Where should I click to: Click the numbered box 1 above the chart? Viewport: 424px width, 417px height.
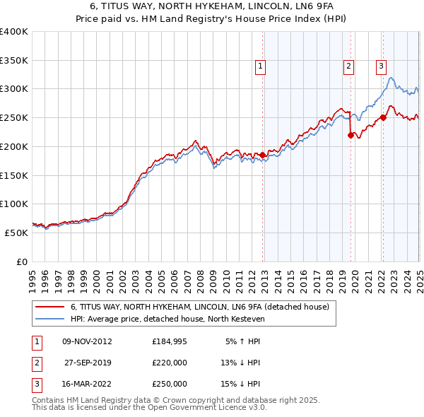(x=261, y=66)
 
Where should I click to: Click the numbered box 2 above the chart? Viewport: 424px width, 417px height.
(x=348, y=66)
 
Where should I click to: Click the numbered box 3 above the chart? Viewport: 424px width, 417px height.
(x=381, y=66)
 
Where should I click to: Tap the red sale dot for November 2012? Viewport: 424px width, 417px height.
(x=263, y=154)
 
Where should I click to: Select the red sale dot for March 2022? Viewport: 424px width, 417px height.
(x=383, y=117)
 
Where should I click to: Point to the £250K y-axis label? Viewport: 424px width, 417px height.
(x=14, y=117)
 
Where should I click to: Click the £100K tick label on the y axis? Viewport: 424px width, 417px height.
(x=14, y=204)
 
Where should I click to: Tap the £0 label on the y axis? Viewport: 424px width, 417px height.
(x=21, y=262)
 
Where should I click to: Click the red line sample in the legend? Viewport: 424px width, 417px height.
(x=49, y=307)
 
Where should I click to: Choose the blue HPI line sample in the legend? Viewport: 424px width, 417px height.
(x=49, y=319)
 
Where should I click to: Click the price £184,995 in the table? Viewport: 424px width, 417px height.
(x=169, y=341)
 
